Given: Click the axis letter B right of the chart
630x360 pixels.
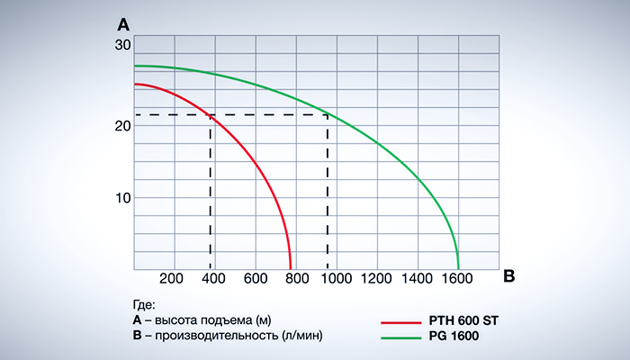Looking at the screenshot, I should (x=509, y=277).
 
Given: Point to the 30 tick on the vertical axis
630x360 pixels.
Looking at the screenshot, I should (x=122, y=45).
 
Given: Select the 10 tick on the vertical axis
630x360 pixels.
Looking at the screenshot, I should (x=122, y=198).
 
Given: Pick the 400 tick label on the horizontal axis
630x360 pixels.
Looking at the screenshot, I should (x=214, y=278).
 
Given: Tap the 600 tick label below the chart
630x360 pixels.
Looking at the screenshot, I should (x=256, y=278).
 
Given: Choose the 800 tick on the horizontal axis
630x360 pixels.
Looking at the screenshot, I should (x=296, y=278).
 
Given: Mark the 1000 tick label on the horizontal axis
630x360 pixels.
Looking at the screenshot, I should (x=337, y=278).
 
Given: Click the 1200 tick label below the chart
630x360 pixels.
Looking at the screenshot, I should (x=377, y=278).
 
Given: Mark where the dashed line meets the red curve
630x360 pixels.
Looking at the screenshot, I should (x=211, y=115).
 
